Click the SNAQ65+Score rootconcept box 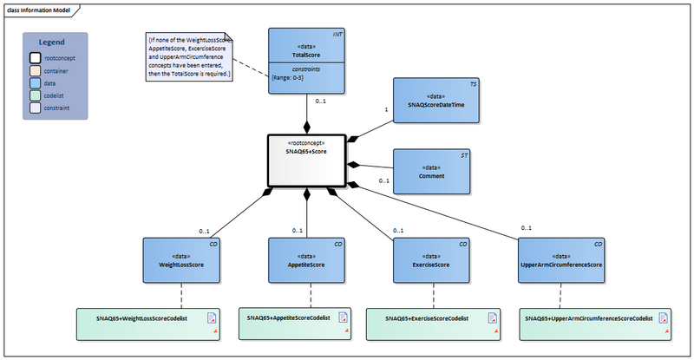(x=305, y=160)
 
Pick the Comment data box (x=433, y=171)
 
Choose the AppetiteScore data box (x=306, y=260)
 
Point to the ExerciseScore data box (x=430, y=260)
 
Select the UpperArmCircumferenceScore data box (x=561, y=260)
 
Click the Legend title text (x=54, y=43)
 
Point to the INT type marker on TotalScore (x=337, y=34)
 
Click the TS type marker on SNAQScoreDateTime (x=473, y=84)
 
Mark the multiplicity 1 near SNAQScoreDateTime (x=386, y=110)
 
